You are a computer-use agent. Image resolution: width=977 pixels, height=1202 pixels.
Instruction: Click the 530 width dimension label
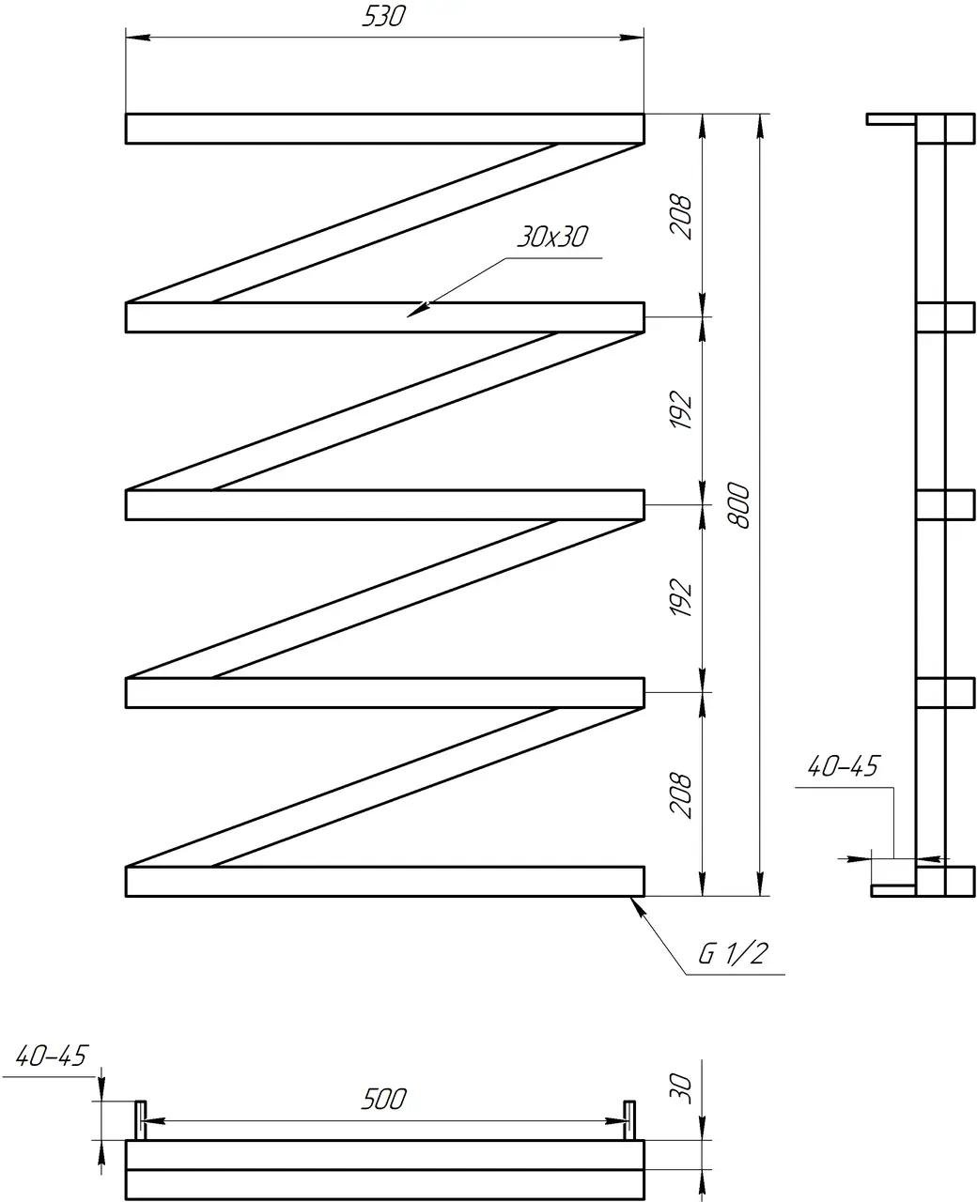pos(384,16)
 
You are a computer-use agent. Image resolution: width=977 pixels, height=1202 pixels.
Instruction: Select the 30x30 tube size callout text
pos(551,237)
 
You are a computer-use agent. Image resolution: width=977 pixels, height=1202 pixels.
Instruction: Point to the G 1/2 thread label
pos(734,955)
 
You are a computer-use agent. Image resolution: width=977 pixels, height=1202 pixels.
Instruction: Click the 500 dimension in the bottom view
pos(384,1099)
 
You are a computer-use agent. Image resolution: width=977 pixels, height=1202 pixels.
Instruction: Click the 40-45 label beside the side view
pos(842,767)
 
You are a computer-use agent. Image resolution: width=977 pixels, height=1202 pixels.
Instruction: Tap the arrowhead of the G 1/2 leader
pos(635,902)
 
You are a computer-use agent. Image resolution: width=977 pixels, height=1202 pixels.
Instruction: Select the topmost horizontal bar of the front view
pos(384,129)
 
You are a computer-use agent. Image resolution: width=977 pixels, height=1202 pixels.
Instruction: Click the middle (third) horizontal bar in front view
pos(384,505)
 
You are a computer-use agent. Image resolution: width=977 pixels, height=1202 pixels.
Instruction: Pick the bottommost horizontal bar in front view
pos(384,882)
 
